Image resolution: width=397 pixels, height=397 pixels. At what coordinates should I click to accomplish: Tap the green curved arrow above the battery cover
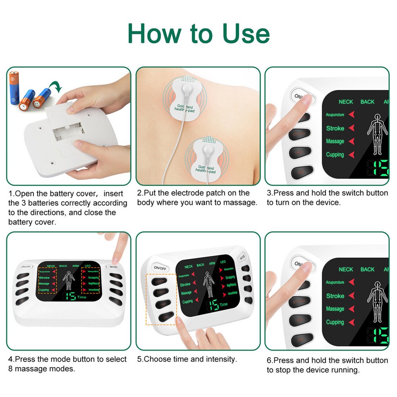[x=54, y=86]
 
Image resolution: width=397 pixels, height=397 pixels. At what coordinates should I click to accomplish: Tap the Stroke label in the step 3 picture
[x=335, y=128]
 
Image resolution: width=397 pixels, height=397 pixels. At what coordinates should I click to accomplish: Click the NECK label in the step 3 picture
[x=346, y=102]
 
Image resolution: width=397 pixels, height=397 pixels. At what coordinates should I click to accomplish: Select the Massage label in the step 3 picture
[x=335, y=141]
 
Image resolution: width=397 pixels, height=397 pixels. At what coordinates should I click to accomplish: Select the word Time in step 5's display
[x=224, y=304]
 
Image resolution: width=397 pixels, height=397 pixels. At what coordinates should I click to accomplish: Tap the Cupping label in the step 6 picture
[x=335, y=322]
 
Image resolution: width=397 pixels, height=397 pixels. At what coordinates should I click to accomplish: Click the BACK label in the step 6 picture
[x=367, y=269]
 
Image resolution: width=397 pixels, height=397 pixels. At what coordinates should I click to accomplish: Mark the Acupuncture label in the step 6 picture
[x=335, y=282]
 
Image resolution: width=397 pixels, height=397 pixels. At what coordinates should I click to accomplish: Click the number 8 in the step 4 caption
[x=11, y=368]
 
